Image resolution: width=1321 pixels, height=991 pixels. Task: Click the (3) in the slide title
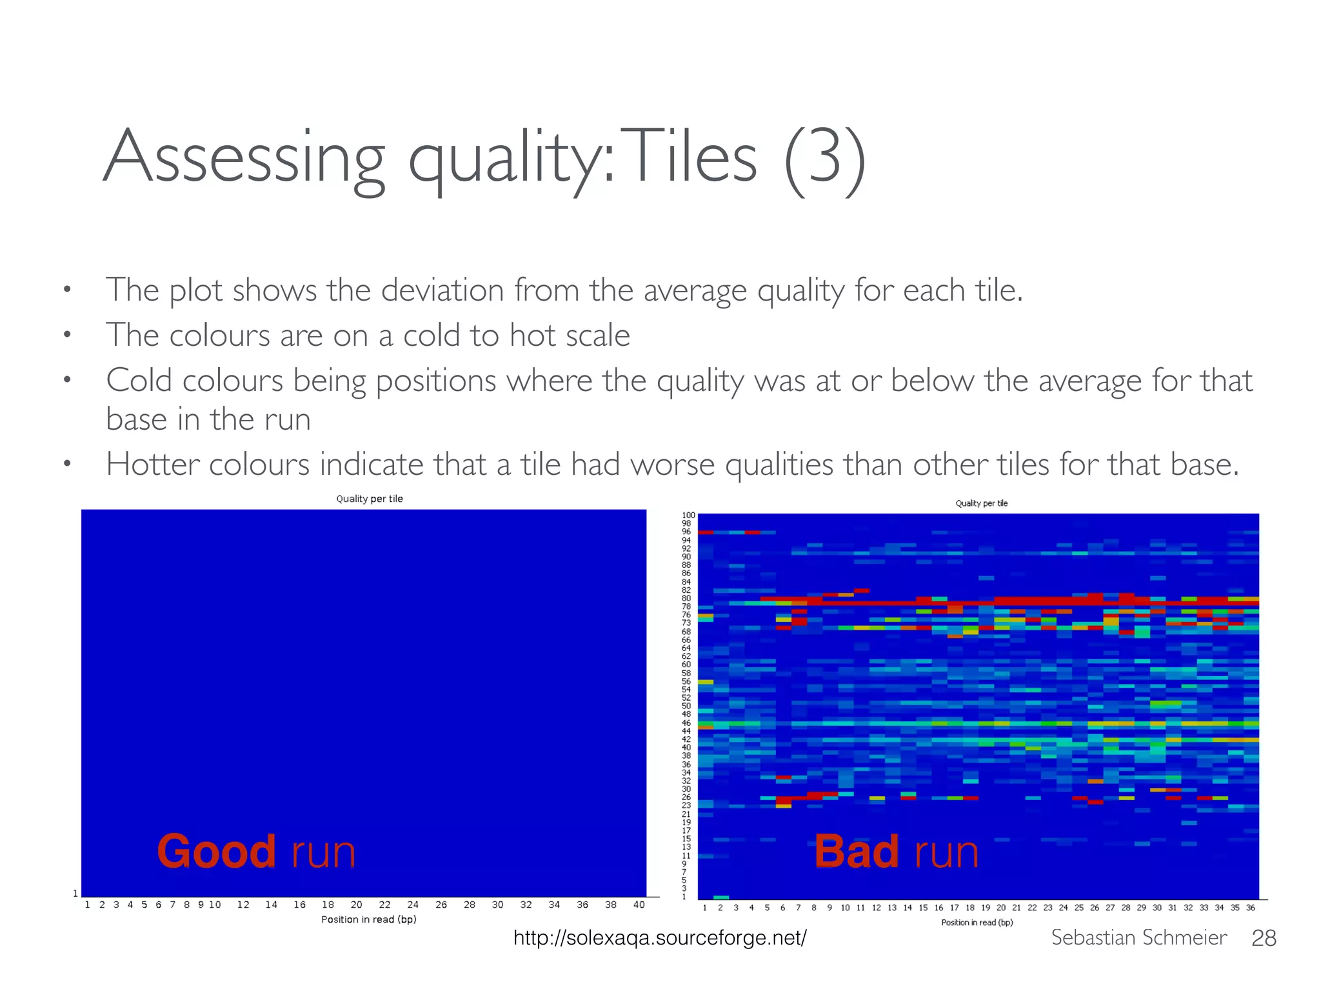pos(824,160)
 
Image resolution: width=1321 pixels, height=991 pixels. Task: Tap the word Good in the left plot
pos(216,852)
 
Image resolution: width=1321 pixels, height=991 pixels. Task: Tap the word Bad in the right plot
pos(856,852)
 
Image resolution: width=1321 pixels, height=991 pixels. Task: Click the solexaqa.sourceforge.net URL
pos(659,937)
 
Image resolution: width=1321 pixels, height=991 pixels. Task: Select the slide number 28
pos(1263,938)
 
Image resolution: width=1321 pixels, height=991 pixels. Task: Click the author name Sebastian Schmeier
pos(1138,937)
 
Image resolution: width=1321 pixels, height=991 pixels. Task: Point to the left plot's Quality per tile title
pos(369,499)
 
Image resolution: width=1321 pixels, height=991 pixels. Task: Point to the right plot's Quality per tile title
pos(981,503)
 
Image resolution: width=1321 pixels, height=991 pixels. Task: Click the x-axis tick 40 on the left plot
pos(639,905)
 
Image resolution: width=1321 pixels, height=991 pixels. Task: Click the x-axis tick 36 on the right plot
pos(1250,908)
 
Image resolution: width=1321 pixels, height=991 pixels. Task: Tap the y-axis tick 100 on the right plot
pos(688,516)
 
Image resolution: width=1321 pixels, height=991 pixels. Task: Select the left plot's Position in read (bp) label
pos(369,919)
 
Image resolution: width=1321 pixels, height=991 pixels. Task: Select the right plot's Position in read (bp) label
pos(977,923)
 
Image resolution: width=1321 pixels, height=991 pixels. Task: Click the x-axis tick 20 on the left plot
pos(356,905)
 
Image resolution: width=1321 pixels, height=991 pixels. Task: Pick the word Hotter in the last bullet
pos(152,464)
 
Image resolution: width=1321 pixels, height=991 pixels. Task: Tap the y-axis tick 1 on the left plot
pos(75,894)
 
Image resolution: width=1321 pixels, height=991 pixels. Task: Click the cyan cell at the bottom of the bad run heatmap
pos(721,897)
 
